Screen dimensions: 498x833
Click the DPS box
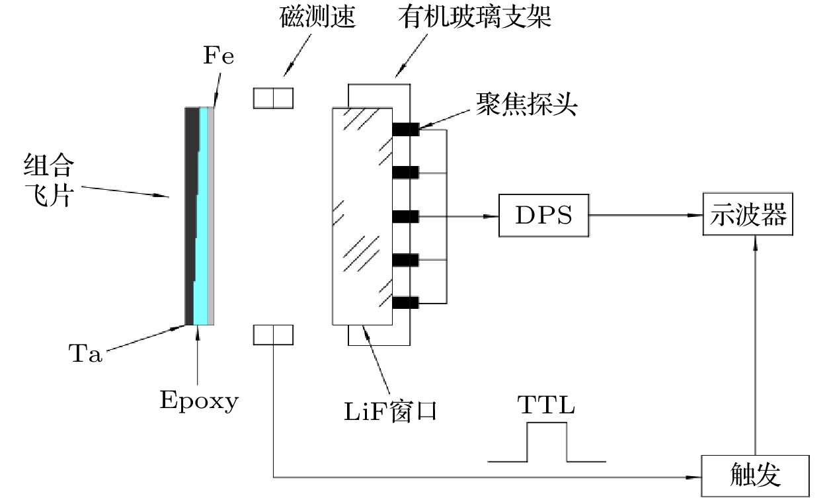(543, 216)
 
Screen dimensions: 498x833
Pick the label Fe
(218, 56)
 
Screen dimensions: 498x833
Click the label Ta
(85, 354)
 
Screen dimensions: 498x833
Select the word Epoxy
(199, 400)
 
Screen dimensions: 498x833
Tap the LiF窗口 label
(391, 411)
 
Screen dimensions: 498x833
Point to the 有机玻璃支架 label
(474, 18)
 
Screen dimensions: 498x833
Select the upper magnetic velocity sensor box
(272, 98)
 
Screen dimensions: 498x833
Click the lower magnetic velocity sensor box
(272, 335)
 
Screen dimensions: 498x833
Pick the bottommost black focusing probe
(406, 303)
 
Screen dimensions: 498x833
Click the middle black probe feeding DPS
(406, 216)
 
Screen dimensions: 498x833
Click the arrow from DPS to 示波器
(645, 216)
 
